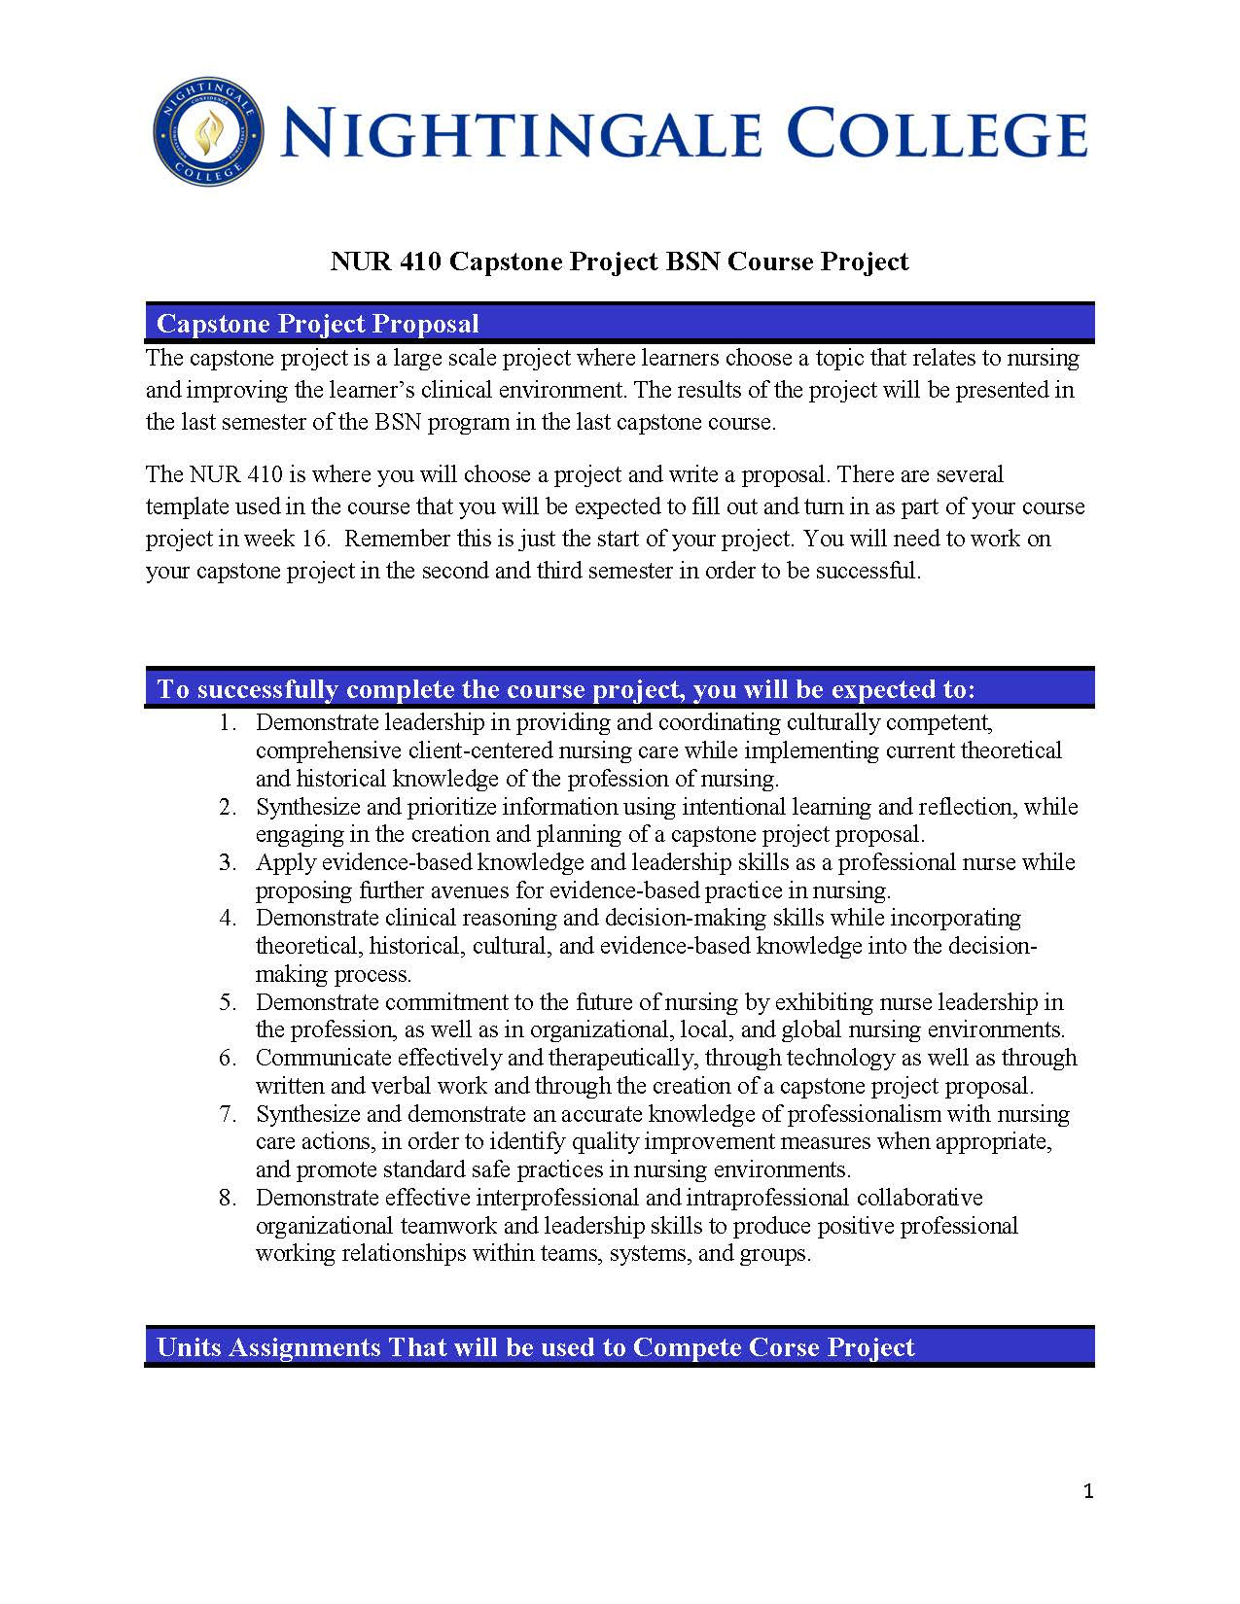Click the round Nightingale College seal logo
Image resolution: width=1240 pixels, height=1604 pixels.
(209, 132)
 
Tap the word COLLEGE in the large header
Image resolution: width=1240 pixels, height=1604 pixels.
(935, 134)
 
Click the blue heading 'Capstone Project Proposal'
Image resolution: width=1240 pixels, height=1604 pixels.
(317, 324)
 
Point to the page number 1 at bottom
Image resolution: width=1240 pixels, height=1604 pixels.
(1088, 1491)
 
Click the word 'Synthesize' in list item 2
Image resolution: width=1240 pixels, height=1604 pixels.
(307, 807)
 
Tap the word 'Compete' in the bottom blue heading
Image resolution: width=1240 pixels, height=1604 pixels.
(687, 1347)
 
